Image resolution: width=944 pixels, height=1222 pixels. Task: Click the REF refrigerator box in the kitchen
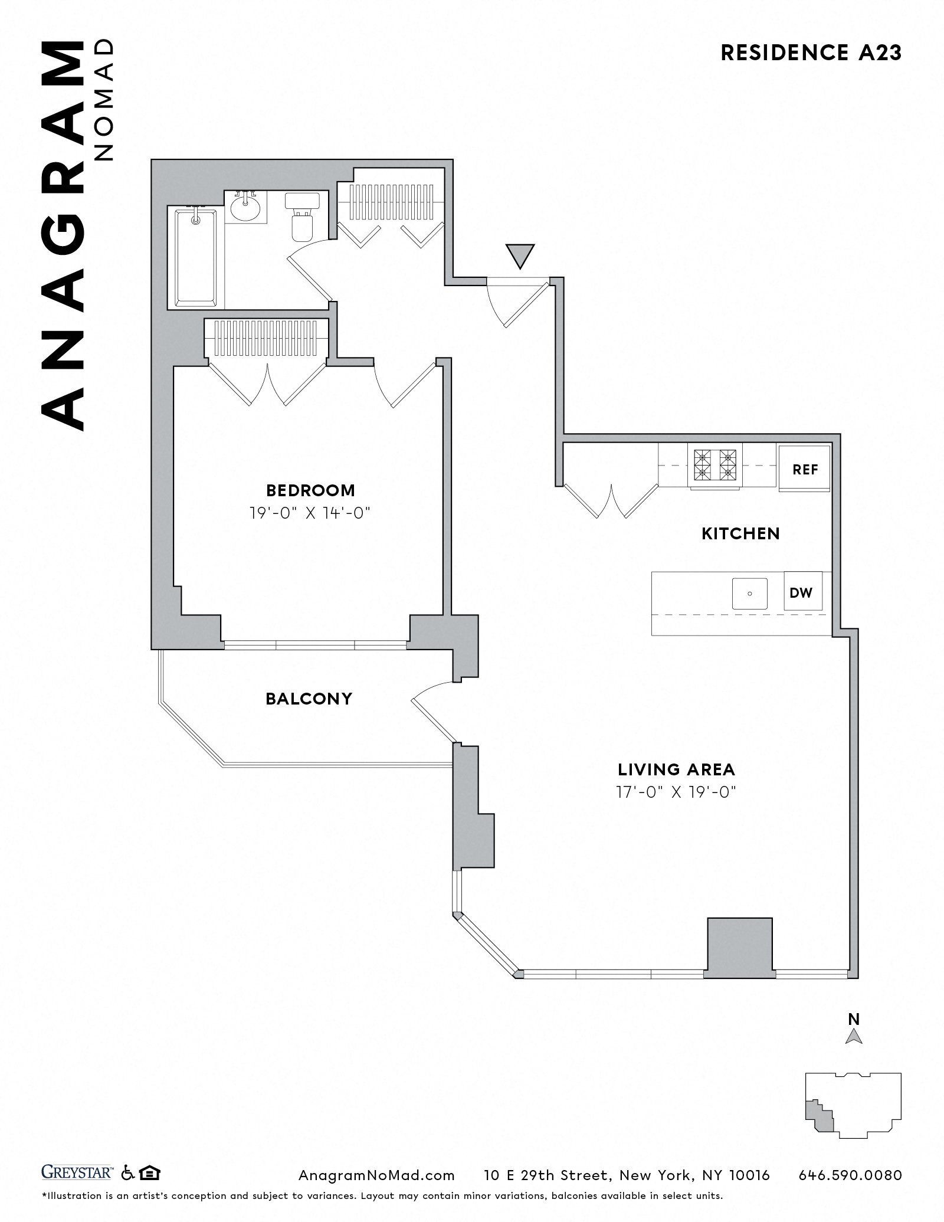pos(804,469)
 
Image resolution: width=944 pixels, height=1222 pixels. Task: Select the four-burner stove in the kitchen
pos(715,464)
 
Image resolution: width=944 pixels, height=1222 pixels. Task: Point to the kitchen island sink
pos(749,593)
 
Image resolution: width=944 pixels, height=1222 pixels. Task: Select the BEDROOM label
pos(310,490)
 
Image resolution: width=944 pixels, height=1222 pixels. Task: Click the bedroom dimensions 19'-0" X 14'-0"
pos(310,513)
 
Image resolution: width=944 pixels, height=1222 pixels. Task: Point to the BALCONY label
pos(309,699)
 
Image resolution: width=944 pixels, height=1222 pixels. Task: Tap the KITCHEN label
pos(740,533)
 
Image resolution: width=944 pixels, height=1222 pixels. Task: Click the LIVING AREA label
pos(676,769)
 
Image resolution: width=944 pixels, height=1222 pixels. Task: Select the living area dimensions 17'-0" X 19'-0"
pos(676,791)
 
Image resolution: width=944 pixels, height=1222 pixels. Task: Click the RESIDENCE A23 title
pos(811,53)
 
